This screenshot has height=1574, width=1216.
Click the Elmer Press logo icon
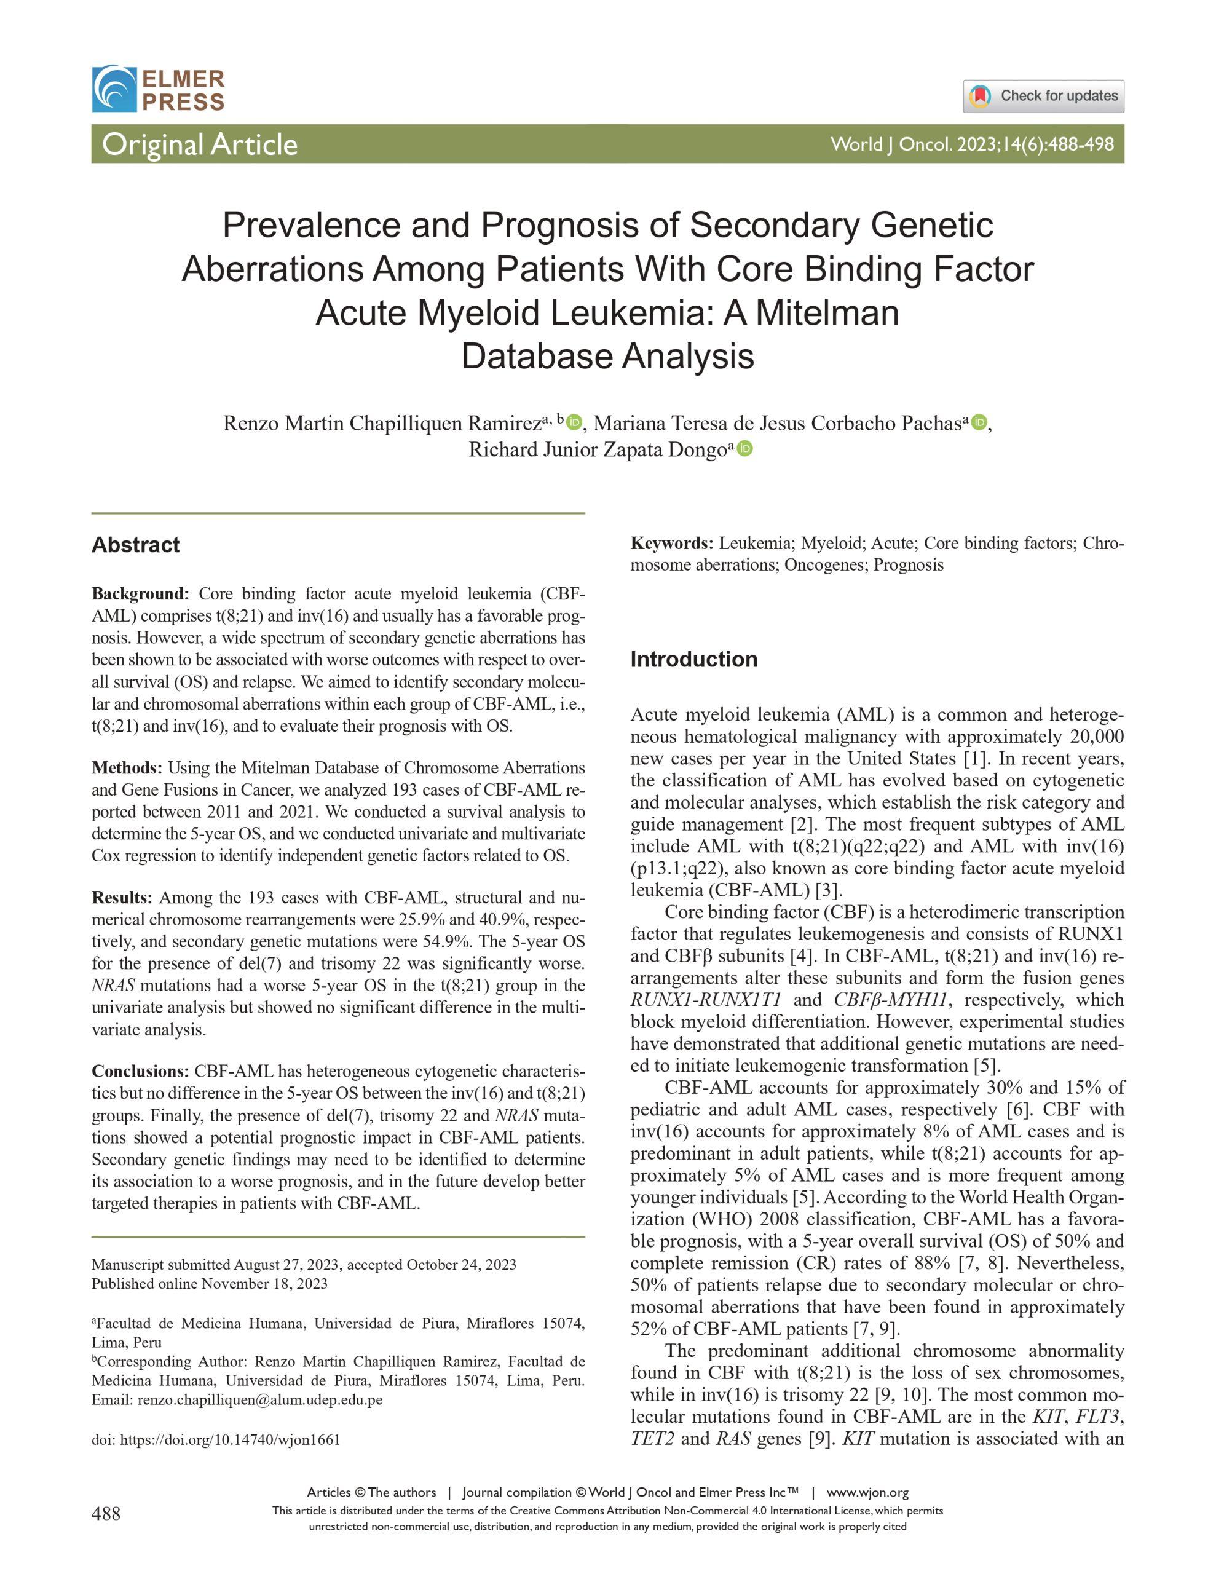pos(114,89)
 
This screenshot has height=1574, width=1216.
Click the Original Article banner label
pos(200,144)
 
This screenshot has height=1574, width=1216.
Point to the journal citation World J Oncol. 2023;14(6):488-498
pos(972,144)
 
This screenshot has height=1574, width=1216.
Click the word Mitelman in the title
pos(827,313)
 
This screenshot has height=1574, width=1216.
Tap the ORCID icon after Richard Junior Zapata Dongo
pos(745,449)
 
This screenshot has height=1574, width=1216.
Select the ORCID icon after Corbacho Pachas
pos(978,422)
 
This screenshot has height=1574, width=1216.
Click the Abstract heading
pos(135,545)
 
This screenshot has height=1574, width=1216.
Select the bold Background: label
pos(140,594)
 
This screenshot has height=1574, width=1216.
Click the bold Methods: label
pos(127,767)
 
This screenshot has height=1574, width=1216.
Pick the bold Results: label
pos(122,897)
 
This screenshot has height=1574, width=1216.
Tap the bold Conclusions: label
pos(140,1071)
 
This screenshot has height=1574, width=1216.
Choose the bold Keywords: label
pos(672,543)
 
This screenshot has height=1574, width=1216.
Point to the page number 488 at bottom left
pos(106,1514)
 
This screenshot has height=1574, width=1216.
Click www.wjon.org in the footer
pos(867,1493)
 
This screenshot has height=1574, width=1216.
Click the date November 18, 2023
pos(264,1284)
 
